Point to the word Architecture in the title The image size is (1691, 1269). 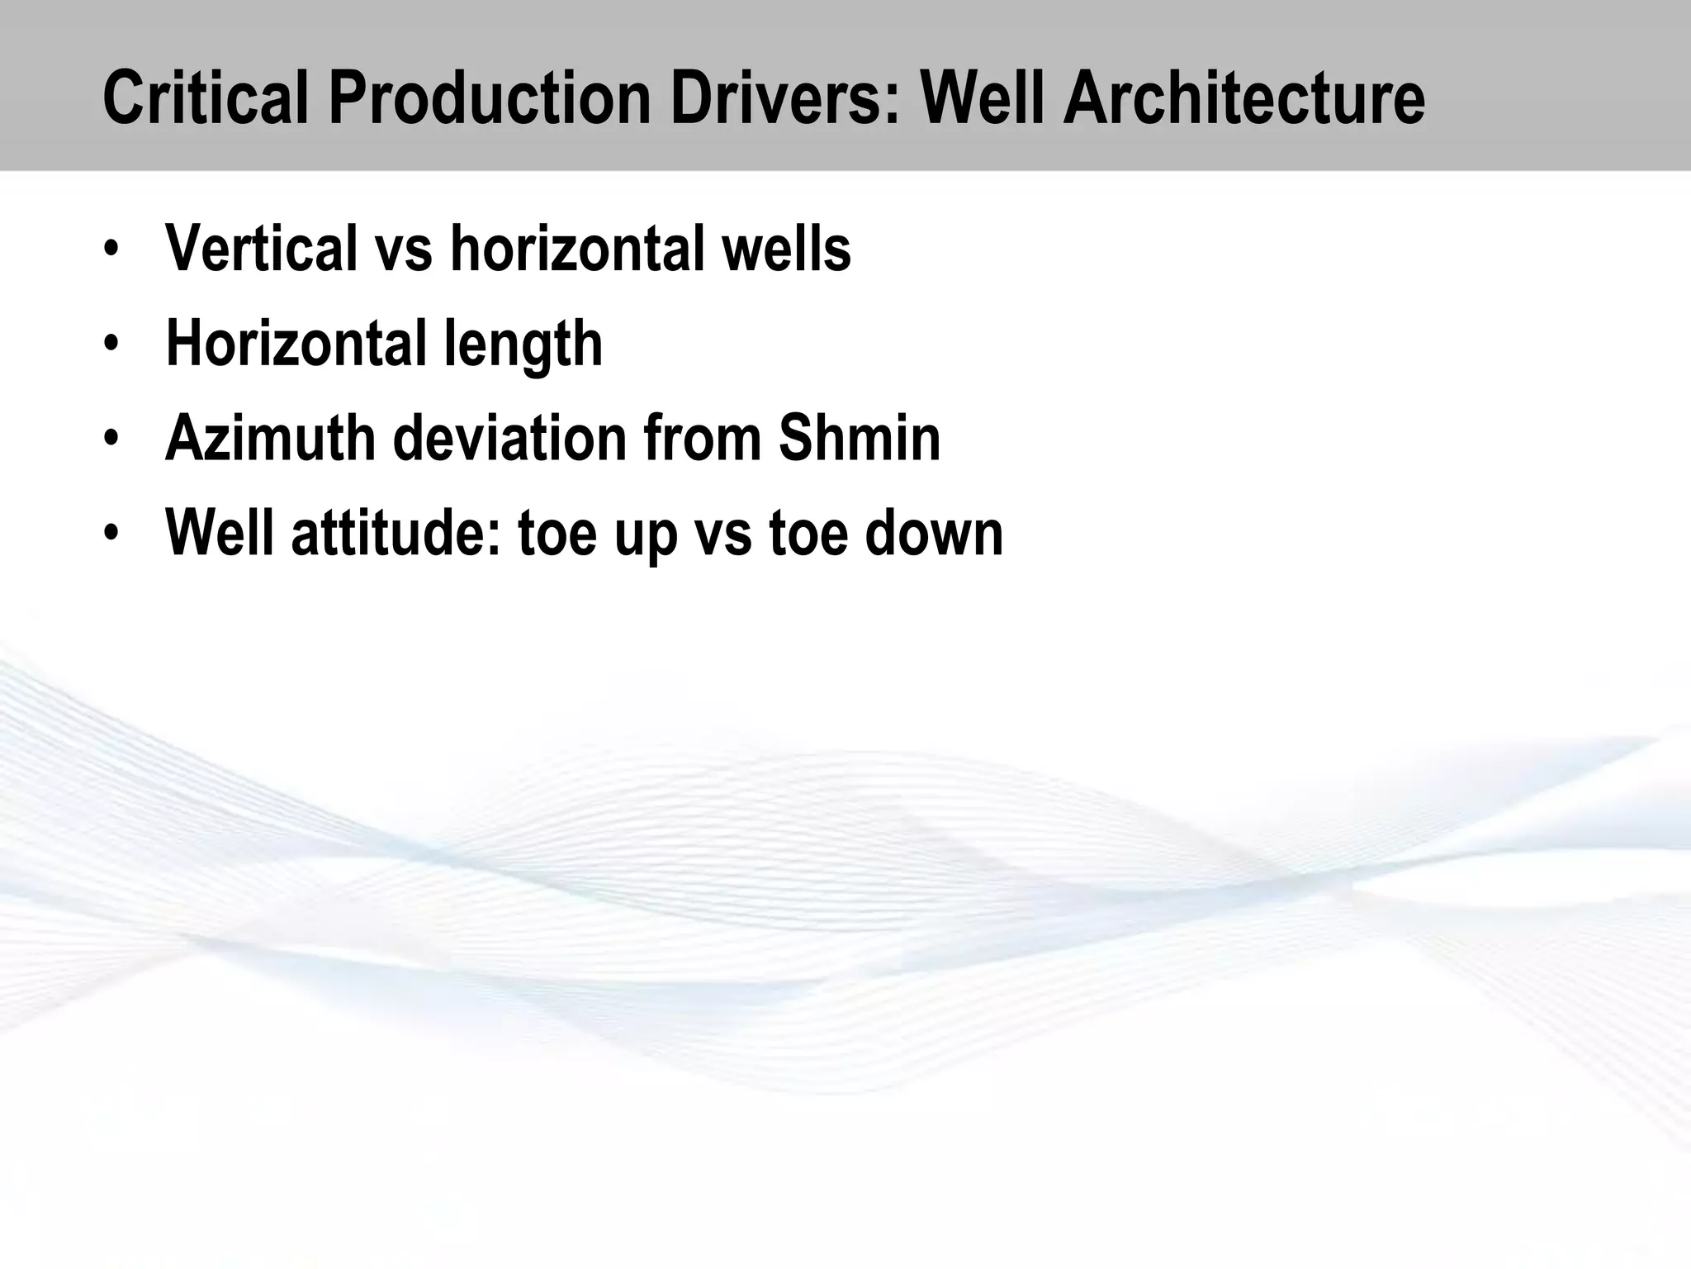tap(1243, 99)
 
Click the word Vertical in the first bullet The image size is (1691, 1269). tap(261, 248)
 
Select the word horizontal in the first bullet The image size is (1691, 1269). tap(570, 248)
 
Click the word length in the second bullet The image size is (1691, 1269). tap(523, 344)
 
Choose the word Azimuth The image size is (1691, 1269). tap(271, 438)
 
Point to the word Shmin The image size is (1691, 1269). tap(859, 438)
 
